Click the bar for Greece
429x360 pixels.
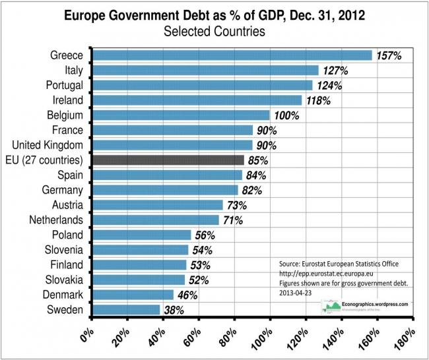(x=232, y=55)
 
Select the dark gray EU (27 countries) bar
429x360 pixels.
(x=168, y=160)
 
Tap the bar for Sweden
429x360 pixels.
(x=126, y=309)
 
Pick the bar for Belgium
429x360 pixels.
(x=181, y=115)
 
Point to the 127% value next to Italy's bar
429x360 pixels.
(x=335, y=70)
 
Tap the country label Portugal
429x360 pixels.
(x=64, y=85)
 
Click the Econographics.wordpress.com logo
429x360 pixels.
(x=364, y=306)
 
